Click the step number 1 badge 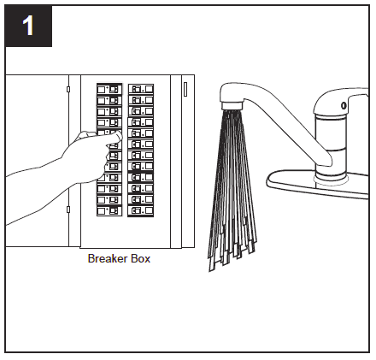28,26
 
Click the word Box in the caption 140,258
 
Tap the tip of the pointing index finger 120,137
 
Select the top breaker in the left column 109,89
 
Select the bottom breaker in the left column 109,211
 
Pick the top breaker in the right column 141,89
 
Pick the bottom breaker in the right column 141,211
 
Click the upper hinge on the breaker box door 68,89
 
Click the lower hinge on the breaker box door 68,210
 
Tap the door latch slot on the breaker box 185,89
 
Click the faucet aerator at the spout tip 232,106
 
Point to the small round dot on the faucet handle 344,105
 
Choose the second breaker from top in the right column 141,100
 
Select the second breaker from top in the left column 109,100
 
